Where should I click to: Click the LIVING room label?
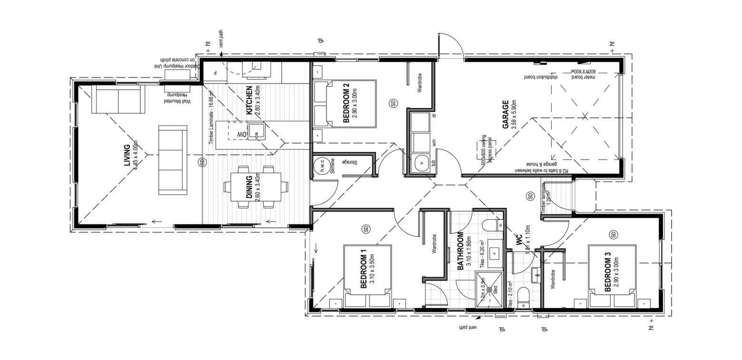pyautogui.click(x=127, y=155)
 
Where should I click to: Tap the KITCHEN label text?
pyautogui.click(x=249, y=100)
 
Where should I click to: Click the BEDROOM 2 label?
pyautogui.click(x=346, y=103)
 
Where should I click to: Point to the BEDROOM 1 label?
pyautogui.click(x=364, y=272)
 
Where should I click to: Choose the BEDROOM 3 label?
pyautogui.click(x=607, y=272)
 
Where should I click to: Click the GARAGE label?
pyautogui.click(x=506, y=114)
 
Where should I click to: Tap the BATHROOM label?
pyautogui.click(x=460, y=251)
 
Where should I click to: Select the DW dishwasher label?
pyautogui.click(x=242, y=135)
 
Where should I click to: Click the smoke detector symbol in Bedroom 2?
pyautogui.click(x=393, y=102)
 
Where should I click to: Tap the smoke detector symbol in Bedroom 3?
pyautogui.click(x=613, y=234)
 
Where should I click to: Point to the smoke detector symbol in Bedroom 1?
pyautogui.click(x=366, y=229)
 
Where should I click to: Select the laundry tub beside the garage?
pyautogui.click(x=421, y=164)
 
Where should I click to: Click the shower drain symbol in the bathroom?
pyautogui.click(x=489, y=288)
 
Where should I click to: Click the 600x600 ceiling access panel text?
pyautogui.click(x=485, y=149)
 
